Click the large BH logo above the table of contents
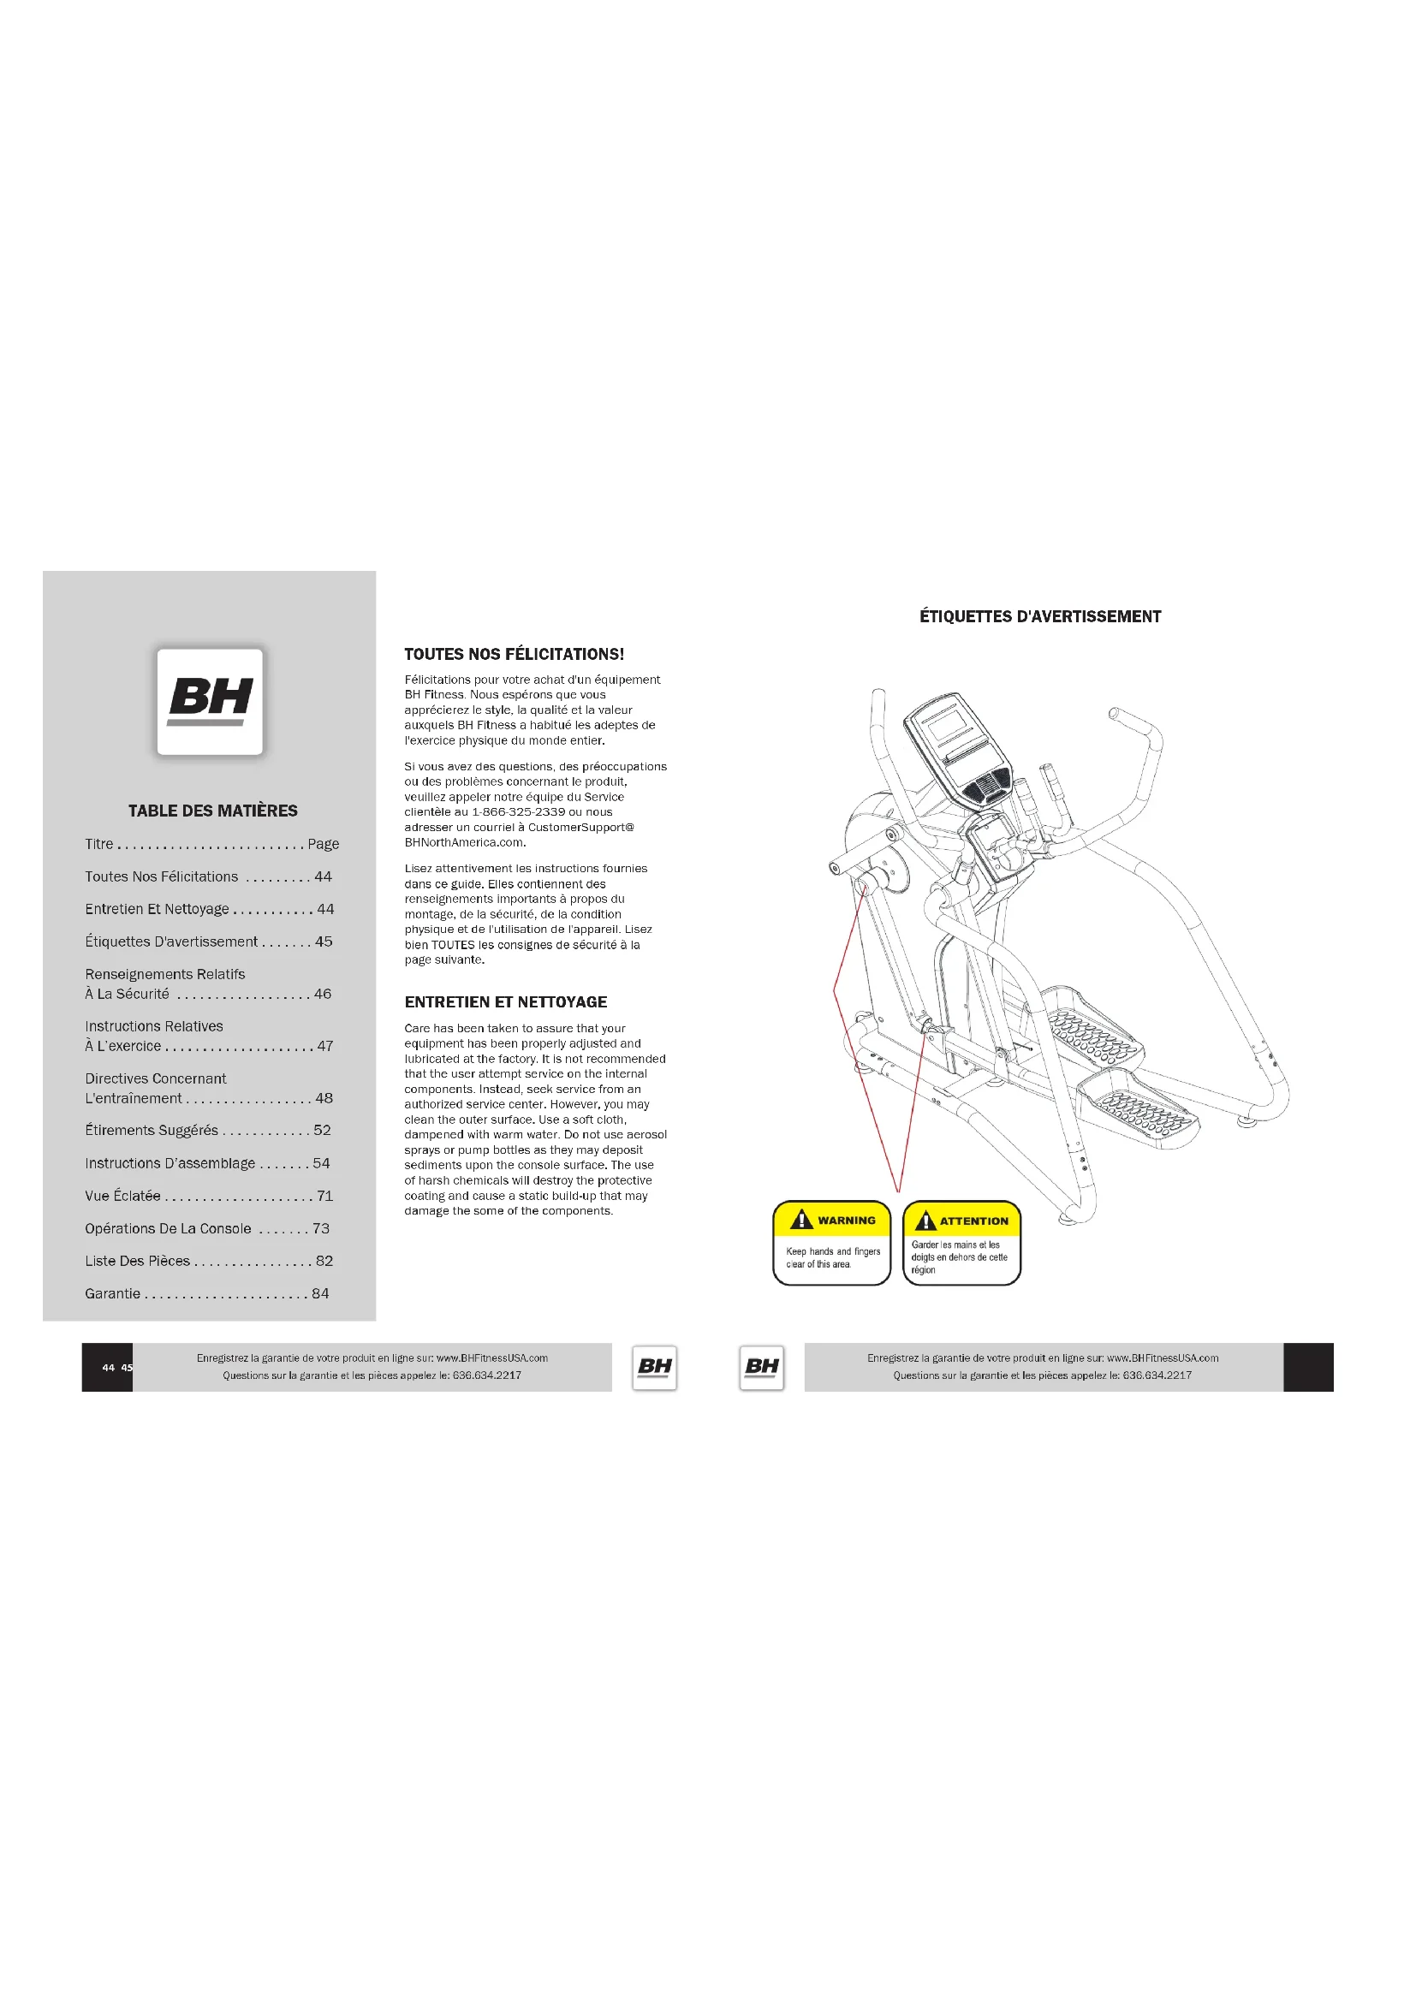click(x=209, y=701)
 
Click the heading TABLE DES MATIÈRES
click(x=213, y=811)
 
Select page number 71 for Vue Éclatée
click(x=324, y=1196)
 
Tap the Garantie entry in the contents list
click(x=112, y=1293)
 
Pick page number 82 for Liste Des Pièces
click(x=324, y=1261)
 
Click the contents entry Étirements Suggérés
click(x=152, y=1130)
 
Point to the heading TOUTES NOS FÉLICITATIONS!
click(x=514, y=654)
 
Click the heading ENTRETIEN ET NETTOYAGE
click(x=506, y=1002)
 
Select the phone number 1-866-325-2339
click(x=518, y=811)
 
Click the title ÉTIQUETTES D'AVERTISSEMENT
click(x=1040, y=616)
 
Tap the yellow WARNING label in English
click(x=832, y=1243)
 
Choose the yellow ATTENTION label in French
click(x=961, y=1243)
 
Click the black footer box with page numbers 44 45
click(x=107, y=1367)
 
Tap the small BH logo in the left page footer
click(x=655, y=1366)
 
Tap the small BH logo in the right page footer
click(x=761, y=1366)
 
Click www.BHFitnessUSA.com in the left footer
click(x=491, y=1357)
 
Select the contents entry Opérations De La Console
click(x=169, y=1228)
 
